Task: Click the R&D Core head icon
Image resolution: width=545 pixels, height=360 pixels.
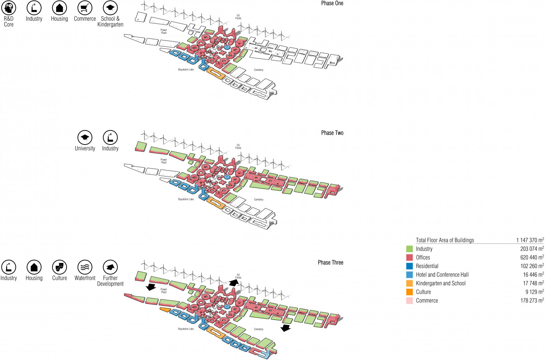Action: pyautogui.click(x=9, y=8)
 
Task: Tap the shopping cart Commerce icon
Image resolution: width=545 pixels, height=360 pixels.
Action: pyautogui.click(x=85, y=8)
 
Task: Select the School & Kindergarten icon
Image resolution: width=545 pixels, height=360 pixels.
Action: pyautogui.click(x=110, y=8)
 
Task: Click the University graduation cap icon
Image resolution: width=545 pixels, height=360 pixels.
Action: pyautogui.click(x=85, y=138)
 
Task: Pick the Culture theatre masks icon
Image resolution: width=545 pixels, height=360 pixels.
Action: pyautogui.click(x=60, y=267)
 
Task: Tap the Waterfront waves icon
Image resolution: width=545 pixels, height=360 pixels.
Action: pyautogui.click(x=85, y=267)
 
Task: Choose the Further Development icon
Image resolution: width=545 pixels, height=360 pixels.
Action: pyautogui.click(x=110, y=267)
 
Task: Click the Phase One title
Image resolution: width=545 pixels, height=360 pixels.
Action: pyautogui.click(x=332, y=3)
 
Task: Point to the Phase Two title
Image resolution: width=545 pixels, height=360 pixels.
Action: pyautogui.click(x=332, y=133)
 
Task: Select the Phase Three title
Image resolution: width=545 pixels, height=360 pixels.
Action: pyautogui.click(x=331, y=263)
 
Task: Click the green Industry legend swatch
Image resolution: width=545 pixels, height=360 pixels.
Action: pyautogui.click(x=410, y=249)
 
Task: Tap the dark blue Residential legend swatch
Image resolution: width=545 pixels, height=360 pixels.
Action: pyautogui.click(x=410, y=266)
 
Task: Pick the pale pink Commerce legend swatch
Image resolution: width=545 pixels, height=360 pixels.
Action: pyautogui.click(x=410, y=301)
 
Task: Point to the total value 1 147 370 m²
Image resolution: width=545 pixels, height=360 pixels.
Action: pyautogui.click(x=530, y=240)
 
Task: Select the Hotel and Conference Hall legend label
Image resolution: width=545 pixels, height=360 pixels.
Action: pyautogui.click(x=442, y=275)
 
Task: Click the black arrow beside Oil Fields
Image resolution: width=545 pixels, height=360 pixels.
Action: pyautogui.click(x=234, y=282)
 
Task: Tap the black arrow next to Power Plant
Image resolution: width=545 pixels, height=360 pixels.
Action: pyautogui.click(x=151, y=288)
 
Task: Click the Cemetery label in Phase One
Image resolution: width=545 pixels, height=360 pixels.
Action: pyautogui.click(x=258, y=70)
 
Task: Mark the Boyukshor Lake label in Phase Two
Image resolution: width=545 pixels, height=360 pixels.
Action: pyautogui.click(x=186, y=199)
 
